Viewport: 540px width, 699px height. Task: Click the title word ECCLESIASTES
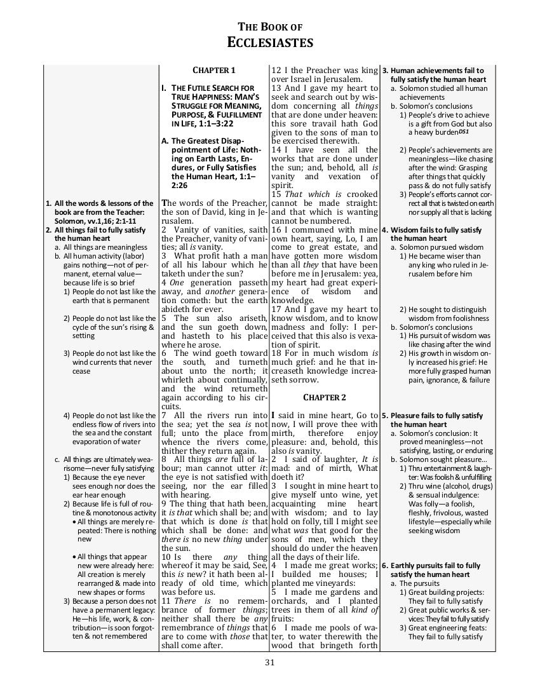[270, 43]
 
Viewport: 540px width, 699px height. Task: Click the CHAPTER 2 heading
[324, 398]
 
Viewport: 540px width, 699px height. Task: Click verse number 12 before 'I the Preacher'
[276, 71]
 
